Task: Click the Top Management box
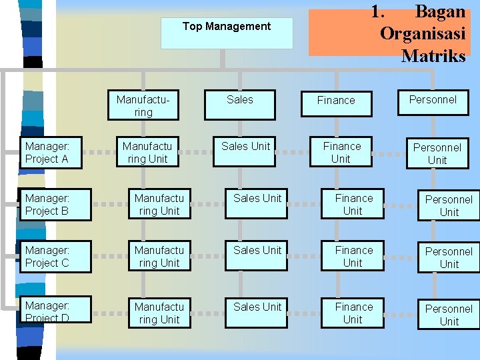pos(227,33)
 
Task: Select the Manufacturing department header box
pos(143,105)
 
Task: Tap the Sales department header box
pos(240,105)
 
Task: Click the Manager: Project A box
pos(51,152)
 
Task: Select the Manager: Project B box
pos(51,204)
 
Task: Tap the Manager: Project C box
pos(51,256)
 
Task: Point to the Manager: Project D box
pos(51,311)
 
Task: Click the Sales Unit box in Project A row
pos(246,152)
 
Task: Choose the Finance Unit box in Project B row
pos(353,204)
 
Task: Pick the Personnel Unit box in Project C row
pos(449,257)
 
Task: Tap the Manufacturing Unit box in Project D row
pos(159,313)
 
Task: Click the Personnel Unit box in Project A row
pos(437,153)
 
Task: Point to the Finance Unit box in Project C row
pos(353,256)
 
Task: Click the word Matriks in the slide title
pos(433,56)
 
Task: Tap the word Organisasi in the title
pos(423,34)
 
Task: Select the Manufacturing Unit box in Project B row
pos(159,204)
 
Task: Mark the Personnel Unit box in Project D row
pos(449,314)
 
